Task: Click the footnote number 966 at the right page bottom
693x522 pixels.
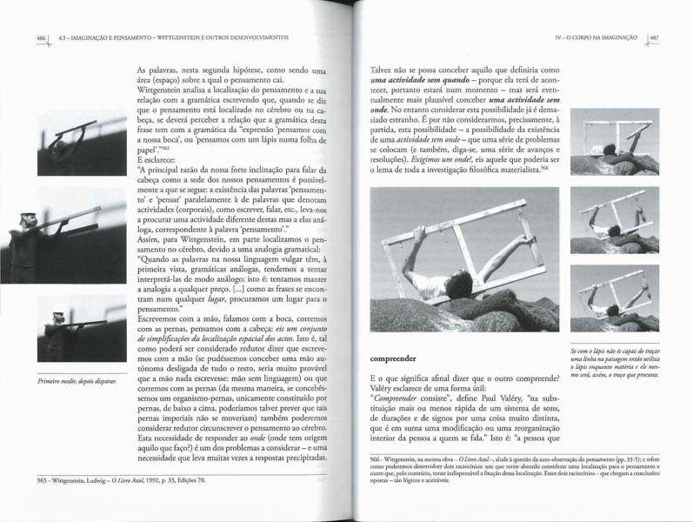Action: pyautogui.click(x=379, y=458)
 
